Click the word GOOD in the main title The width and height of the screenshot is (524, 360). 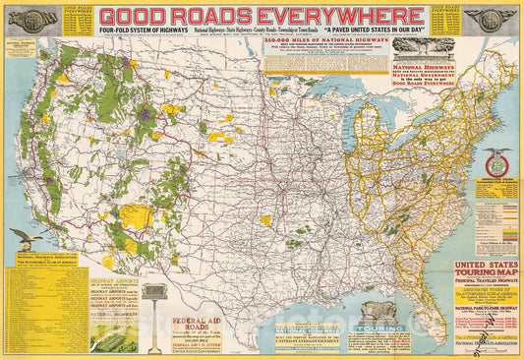click(x=135, y=16)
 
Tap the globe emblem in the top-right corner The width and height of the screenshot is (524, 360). click(x=487, y=20)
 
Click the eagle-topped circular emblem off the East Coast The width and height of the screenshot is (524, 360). click(x=479, y=162)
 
